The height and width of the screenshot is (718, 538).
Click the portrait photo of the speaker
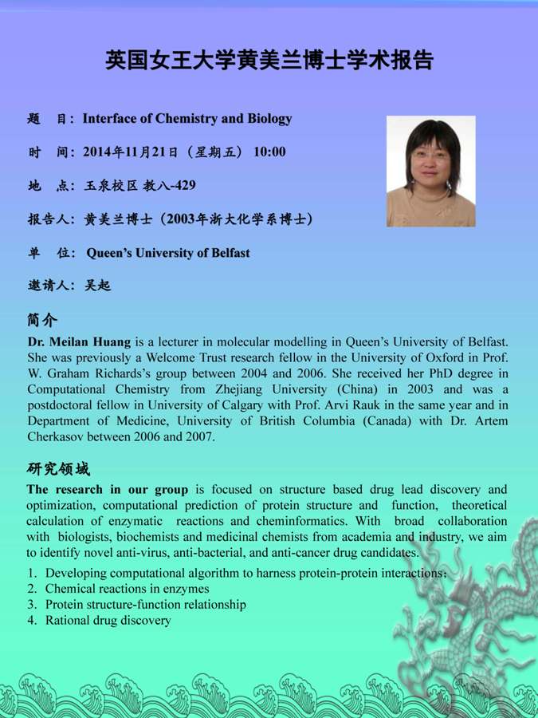click(430, 171)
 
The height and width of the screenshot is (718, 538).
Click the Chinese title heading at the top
click(269, 60)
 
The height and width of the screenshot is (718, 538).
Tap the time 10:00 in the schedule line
click(269, 152)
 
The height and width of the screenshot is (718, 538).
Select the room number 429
click(183, 186)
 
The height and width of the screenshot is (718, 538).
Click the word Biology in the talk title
click(269, 119)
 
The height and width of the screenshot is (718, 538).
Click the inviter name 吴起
click(98, 285)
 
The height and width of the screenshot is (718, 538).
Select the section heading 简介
click(41, 320)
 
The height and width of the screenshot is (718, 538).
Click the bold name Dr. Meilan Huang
click(79, 341)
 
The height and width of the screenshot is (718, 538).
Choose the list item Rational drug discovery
click(108, 620)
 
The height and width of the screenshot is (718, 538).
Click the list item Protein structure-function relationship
click(145, 605)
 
